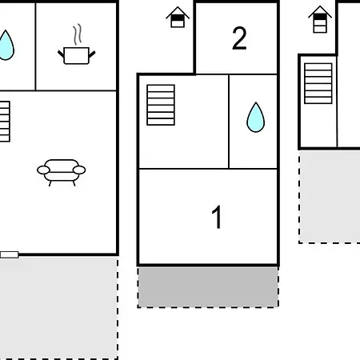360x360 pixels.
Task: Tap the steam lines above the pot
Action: click(78, 34)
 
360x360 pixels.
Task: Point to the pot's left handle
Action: click(61, 54)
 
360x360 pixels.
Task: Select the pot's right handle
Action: click(92, 54)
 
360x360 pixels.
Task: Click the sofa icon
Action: click(62, 172)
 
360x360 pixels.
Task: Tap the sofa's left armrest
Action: click(43, 170)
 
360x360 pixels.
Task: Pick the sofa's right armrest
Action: click(79, 170)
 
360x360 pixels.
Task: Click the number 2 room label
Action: click(239, 38)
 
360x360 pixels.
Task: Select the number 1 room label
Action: click(217, 217)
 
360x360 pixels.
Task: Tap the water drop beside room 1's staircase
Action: click(256, 117)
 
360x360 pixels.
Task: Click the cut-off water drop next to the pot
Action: click(6, 45)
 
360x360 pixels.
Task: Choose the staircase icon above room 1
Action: click(161, 105)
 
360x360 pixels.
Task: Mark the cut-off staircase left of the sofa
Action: click(5, 122)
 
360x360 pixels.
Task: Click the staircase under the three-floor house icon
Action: click(318, 83)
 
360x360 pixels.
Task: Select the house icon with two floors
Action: click(178, 17)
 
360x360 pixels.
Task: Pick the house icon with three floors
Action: click(320, 19)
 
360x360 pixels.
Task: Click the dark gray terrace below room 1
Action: click(208, 287)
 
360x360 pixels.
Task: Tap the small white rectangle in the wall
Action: click(10, 254)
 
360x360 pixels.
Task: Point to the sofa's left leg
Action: click(50, 183)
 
